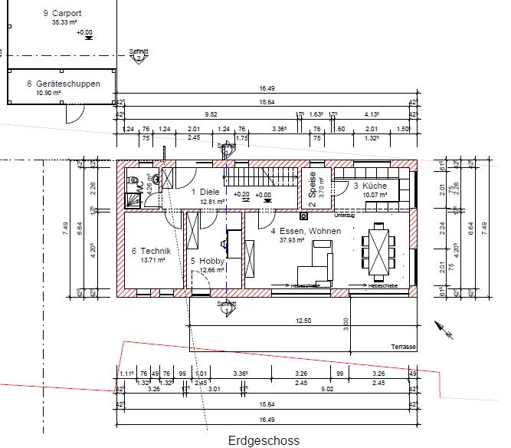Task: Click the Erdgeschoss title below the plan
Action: [264, 440]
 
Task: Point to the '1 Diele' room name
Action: [205, 193]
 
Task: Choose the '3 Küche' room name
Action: [370, 186]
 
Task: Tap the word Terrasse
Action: [403, 347]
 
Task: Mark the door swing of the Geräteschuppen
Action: [74, 114]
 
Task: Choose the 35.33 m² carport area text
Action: [64, 22]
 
